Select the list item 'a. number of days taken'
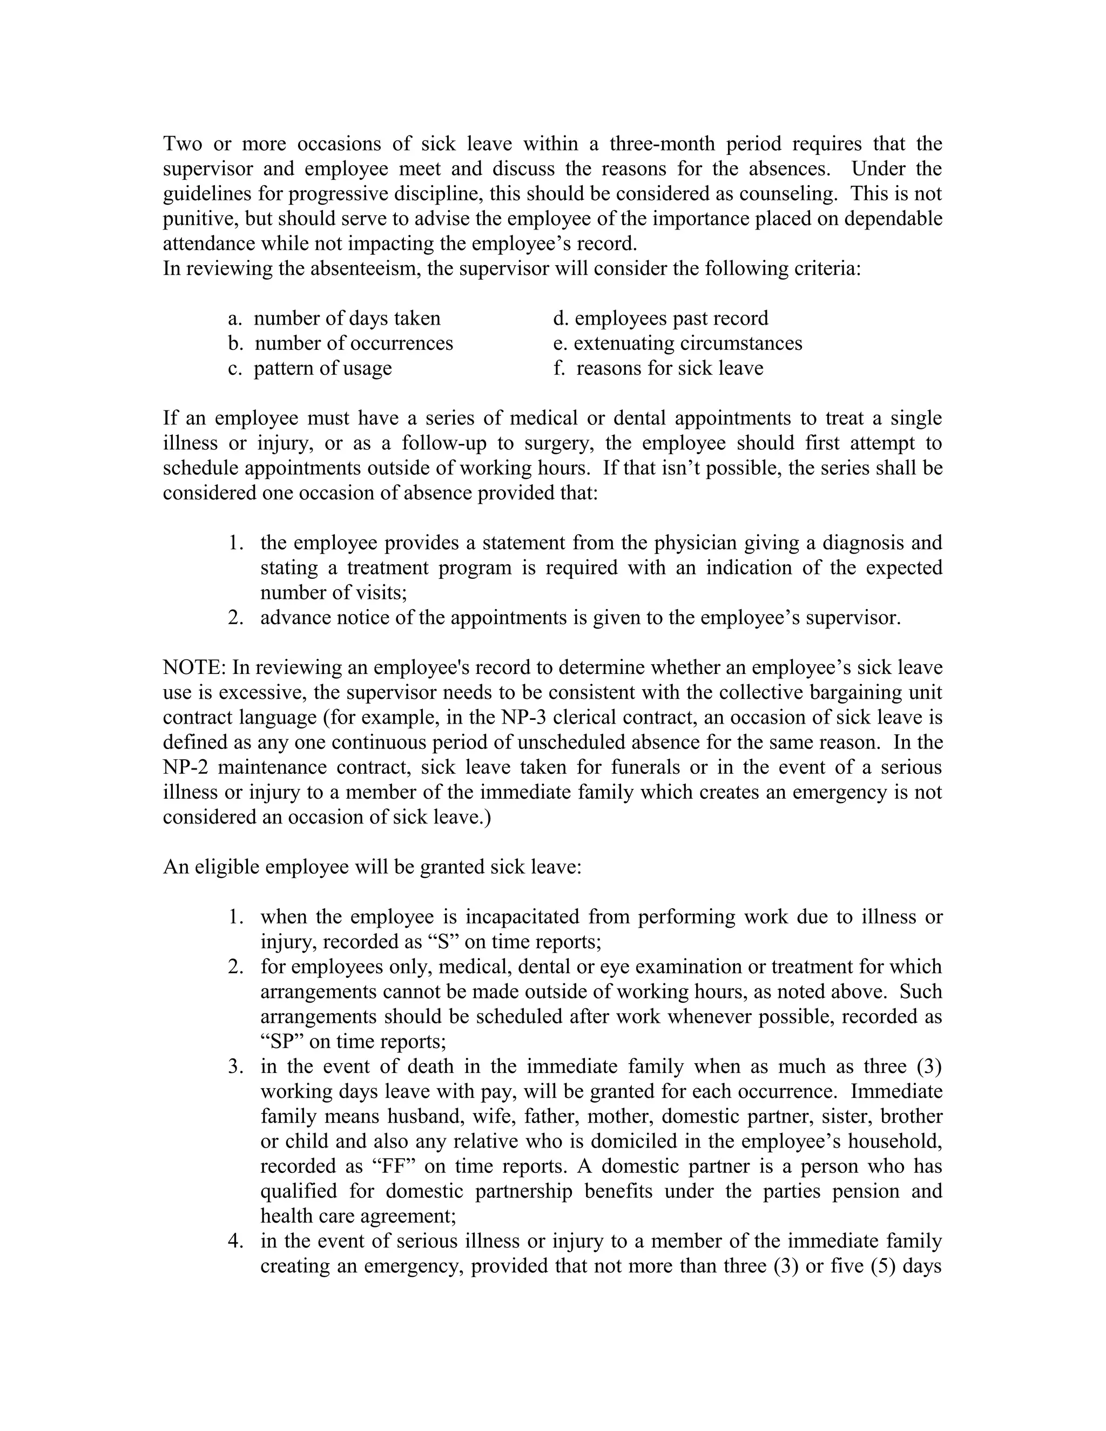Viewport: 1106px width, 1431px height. [x=334, y=319]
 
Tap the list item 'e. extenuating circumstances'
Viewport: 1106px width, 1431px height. [x=678, y=343]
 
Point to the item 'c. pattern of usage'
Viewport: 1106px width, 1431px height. [x=310, y=368]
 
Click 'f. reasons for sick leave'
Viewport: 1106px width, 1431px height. [x=658, y=368]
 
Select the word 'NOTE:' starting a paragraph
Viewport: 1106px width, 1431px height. [x=194, y=667]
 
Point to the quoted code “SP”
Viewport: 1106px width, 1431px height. [x=282, y=1042]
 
